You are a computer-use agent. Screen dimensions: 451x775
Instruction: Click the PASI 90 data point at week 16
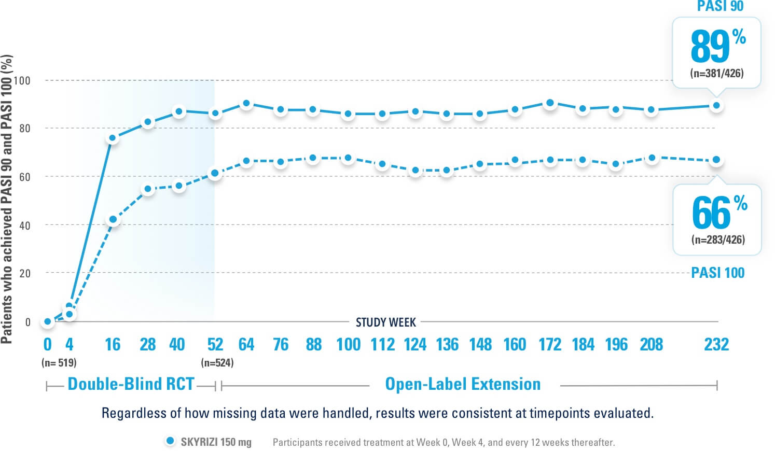(112, 138)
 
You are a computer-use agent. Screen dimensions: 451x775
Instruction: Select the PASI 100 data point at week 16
(113, 220)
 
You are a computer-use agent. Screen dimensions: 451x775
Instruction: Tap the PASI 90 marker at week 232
(716, 106)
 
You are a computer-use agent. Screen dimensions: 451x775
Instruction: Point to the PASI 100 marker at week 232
(716, 160)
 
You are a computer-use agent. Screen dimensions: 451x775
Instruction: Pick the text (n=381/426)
(717, 73)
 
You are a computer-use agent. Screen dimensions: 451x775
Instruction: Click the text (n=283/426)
(718, 239)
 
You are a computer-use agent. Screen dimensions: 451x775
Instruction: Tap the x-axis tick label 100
(348, 344)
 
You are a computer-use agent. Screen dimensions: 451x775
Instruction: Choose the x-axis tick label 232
(716, 344)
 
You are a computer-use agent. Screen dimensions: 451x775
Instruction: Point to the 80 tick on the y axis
(25, 129)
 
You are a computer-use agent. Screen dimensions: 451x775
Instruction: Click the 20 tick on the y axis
(25, 273)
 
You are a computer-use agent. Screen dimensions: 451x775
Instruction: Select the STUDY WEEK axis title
(385, 322)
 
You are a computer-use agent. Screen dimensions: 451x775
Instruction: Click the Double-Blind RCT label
(131, 384)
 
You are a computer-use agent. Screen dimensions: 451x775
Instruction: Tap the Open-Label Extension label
(463, 384)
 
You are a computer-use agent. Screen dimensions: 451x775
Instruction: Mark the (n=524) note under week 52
(217, 363)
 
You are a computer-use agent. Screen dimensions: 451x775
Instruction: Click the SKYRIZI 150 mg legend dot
(170, 441)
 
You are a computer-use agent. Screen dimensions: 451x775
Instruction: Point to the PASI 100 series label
(717, 273)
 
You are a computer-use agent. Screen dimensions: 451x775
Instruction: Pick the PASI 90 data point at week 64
(246, 104)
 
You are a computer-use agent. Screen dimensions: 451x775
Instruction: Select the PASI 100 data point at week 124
(415, 170)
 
